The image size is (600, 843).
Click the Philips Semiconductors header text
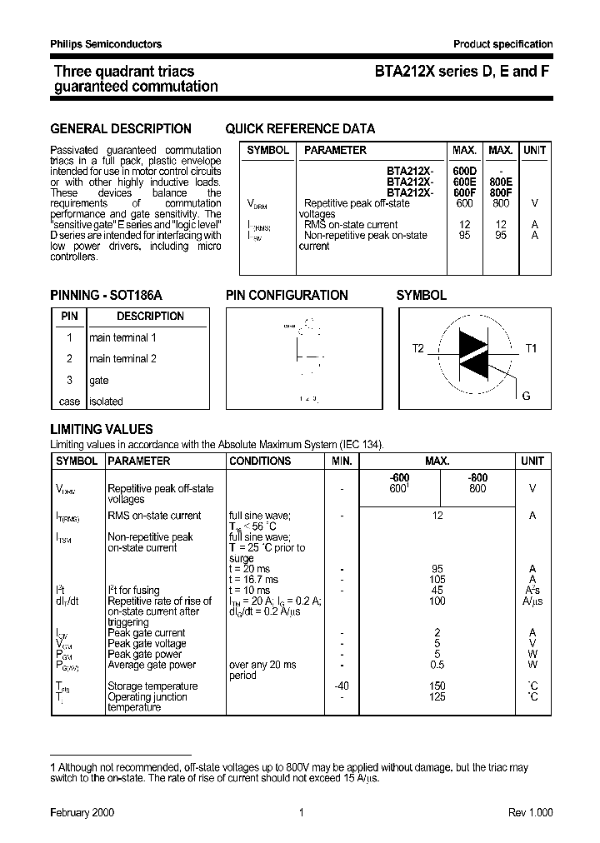pyautogui.click(x=106, y=44)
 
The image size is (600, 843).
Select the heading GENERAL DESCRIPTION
pyautogui.click(x=121, y=128)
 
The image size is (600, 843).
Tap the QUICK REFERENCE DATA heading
pyautogui.click(x=300, y=128)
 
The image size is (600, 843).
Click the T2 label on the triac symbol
pyautogui.click(x=417, y=348)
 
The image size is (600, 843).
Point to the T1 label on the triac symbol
pyautogui.click(x=531, y=348)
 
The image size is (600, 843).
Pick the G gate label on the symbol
pyautogui.click(x=526, y=396)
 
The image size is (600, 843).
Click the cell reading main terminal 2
pyautogui.click(x=122, y=358)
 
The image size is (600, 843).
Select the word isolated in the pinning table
pyautogui.click(x=106, y=402)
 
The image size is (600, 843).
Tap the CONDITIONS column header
pyautogui.click(x=260, y=461)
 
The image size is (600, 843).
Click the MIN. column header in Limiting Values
pyautogui.click(x=342, y=461)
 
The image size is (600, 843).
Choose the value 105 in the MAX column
pyautogui.click(x=437, y=580)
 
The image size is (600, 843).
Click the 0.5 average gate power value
pyautogui.click(x=437, y=665)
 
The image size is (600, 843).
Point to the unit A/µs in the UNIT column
pyautogui.click(x=532, y=601)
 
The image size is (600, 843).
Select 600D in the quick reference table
pyautogui.click(x=463, y=172)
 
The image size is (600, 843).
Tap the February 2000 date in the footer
pyautogui.click(x=82, y=812)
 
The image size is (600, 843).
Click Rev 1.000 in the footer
pyautogui.click(x=530, y=812)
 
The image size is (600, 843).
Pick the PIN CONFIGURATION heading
pyautogui.click(x=287, y=295)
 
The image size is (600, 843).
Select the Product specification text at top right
pyautogui.click(x=502, y=44)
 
